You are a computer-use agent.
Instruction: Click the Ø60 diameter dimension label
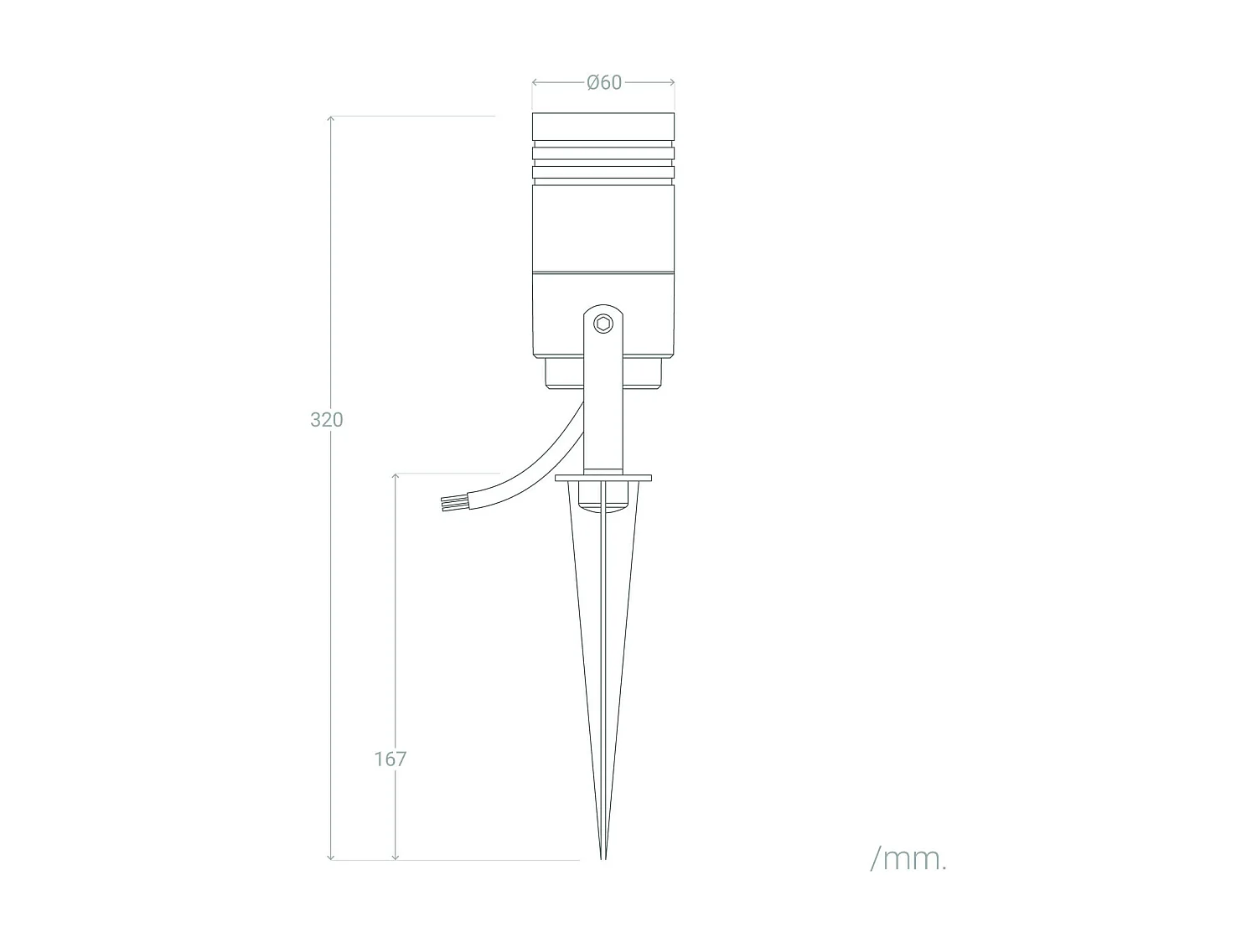point(604,82)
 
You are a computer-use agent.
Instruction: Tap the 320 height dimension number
point(327,419)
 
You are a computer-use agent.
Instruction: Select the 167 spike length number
point(391,759)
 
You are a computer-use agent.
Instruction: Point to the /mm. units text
point(908,858)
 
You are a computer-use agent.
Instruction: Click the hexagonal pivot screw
point(603,323)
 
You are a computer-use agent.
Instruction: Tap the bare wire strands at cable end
point(448,503)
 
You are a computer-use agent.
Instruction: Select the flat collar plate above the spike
point(603,478)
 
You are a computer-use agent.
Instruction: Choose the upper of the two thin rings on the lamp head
point(603,153)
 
